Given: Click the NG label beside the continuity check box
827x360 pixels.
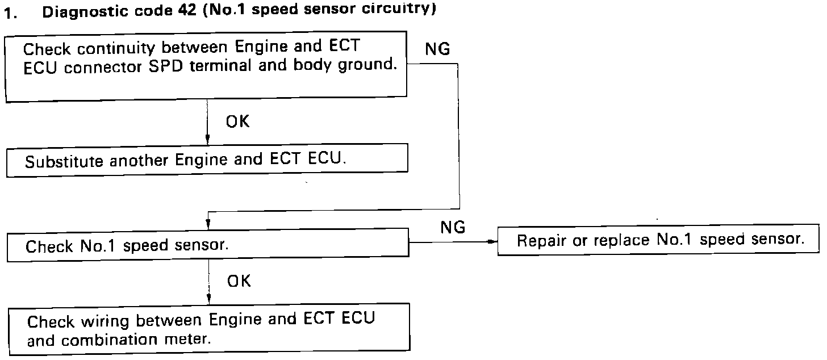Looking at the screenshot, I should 437,50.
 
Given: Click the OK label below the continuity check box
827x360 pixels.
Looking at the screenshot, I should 237,121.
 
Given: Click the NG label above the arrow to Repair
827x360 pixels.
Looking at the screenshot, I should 453,228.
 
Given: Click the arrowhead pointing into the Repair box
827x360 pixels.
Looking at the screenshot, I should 492,242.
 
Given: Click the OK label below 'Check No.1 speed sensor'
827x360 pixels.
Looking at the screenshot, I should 238,281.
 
